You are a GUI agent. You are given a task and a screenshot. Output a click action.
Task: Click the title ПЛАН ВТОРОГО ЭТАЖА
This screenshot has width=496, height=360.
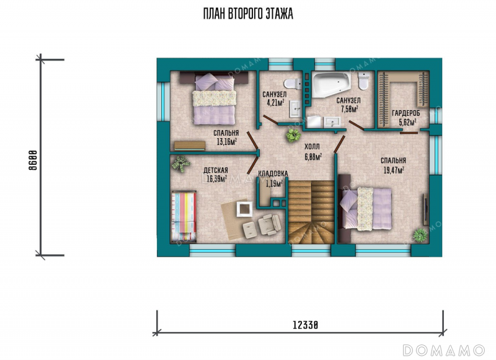tap(248, 14)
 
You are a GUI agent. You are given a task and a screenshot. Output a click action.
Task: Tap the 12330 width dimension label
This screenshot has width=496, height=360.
tap(305, 325)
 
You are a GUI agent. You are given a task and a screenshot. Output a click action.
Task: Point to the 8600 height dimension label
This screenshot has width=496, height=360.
tap(33, 160)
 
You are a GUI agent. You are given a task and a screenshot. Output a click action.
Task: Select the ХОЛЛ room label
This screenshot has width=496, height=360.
tap(312, 147)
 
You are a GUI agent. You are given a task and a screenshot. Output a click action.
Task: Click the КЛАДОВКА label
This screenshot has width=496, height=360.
tap(273, 173)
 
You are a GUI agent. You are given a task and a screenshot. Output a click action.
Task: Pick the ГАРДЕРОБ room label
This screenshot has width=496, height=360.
tap(406, 113)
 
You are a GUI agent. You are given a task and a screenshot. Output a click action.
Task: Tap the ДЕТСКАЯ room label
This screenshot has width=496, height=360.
tap(215, 170)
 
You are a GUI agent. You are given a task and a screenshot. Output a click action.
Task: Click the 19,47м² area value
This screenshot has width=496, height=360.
tap(394, 170)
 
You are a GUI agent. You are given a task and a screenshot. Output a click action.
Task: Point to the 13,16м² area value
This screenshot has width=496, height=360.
tap(227, 142)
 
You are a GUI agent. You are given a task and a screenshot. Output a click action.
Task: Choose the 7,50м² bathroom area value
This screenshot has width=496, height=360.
tap(349, 109)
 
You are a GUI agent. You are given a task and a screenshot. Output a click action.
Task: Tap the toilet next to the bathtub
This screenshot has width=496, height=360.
tap(363, 81)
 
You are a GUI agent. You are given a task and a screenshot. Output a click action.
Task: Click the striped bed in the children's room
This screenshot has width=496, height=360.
tap(184, 216)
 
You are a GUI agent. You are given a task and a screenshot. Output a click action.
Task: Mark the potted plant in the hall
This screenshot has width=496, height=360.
tap(293, 135)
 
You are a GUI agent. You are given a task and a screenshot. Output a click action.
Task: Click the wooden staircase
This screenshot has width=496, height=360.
tap(311, 212)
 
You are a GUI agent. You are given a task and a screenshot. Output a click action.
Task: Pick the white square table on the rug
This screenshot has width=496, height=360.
tap(244, 209)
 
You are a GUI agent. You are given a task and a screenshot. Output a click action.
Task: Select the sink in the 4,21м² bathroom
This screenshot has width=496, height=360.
tap(296, 109)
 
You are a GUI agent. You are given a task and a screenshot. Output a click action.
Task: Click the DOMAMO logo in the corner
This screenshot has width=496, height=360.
tap(443, 350)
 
